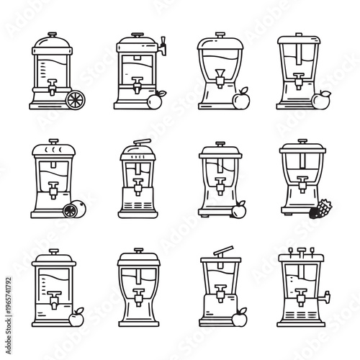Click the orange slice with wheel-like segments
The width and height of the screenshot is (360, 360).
[x=75, y=101]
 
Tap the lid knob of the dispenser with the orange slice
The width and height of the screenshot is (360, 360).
[x=50, y=35]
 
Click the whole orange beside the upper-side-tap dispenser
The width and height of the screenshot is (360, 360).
[x=153, y=102]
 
